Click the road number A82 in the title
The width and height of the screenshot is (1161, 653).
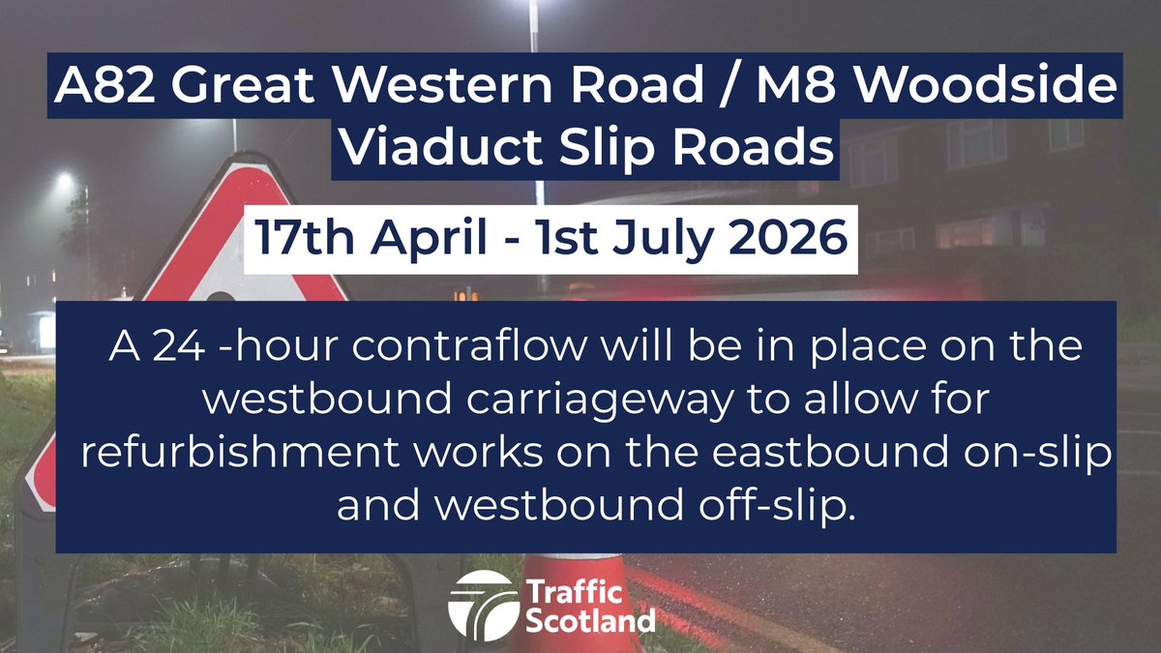[x=100, y=89]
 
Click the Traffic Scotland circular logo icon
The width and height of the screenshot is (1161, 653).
[x=482, y=603]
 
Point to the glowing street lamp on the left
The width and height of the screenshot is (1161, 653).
[x=65, y=181]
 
